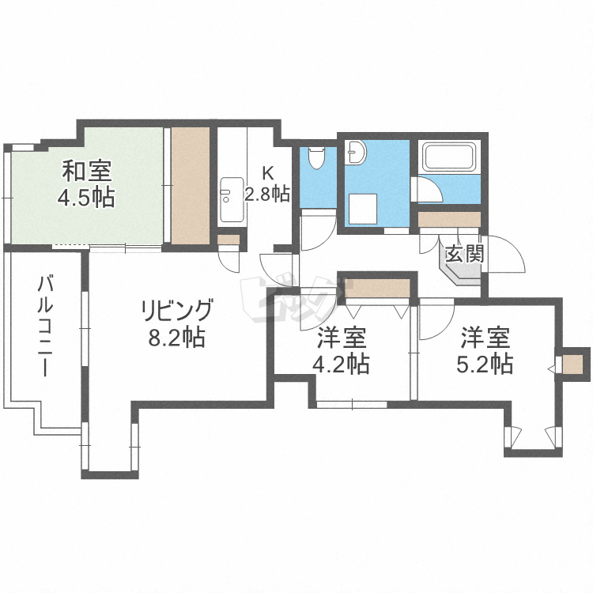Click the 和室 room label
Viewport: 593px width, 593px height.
coord(87,171)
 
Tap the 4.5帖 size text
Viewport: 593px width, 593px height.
coord(86,198)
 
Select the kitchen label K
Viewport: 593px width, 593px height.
coord(268,173)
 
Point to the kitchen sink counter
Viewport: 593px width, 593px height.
coord(232,200)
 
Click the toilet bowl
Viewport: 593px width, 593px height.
coord(317,157)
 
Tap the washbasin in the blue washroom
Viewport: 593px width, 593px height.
coord(356,152)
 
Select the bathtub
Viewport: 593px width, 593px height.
coord(449,157)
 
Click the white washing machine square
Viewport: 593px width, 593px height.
coord(363,210)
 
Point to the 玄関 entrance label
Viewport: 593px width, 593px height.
coord(464,254)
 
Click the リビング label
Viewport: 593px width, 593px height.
coord(176,310)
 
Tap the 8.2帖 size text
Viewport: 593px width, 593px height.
coord(176,338)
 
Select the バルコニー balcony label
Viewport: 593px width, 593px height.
coord(44,327)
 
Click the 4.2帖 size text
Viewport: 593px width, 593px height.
coord(341,364)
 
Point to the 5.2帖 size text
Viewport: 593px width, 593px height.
coord(485,364)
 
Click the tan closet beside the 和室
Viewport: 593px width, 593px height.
coord(191,186)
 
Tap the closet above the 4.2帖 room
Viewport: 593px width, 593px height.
coord(378,288)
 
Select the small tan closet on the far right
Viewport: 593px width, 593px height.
coord(572,364)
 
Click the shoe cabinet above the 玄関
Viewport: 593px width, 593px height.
coord(449,219)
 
